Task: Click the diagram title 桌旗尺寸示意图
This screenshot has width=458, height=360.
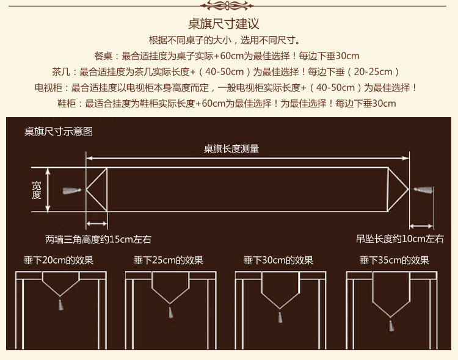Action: click(x=59, y=131)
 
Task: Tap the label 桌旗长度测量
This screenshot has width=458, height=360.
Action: click(x=231, y=148)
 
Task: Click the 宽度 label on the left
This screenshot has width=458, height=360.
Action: click(x=37, y=190)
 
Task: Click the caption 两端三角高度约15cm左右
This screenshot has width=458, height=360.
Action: click(x=98, y=239)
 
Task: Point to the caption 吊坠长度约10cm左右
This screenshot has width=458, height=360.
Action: click(x=400, y=239)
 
